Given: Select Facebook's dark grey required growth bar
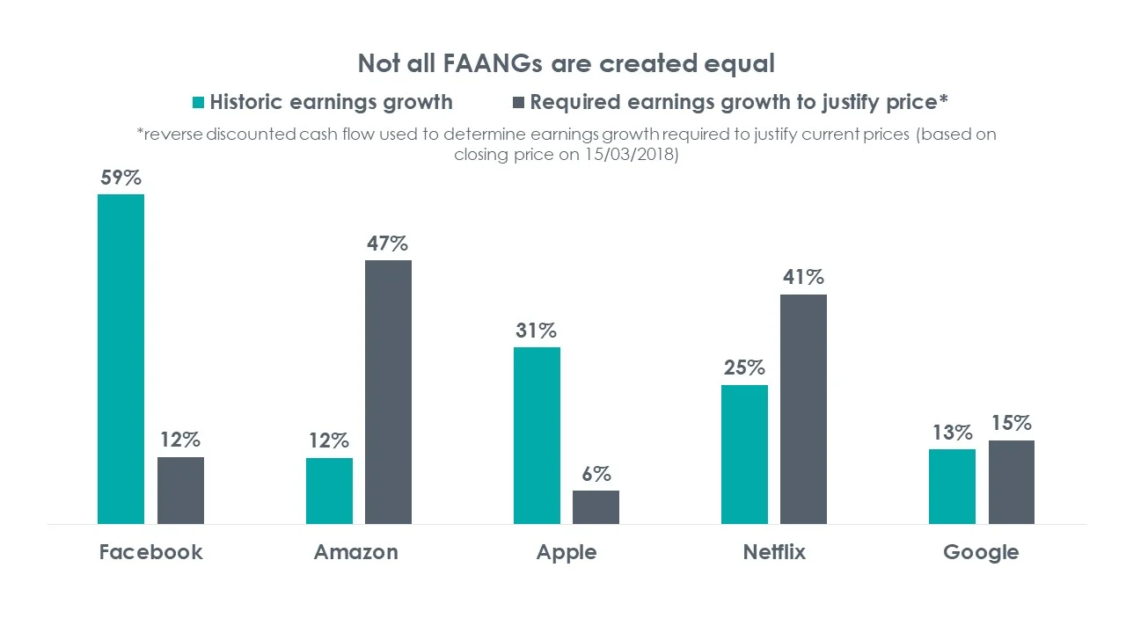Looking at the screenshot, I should (x=180, y=490).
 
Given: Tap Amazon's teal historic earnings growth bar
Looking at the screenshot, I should (x=329, y=491).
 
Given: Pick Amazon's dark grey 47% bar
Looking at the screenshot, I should (x=388, y=392).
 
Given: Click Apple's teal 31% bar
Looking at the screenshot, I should (x=537, y=435).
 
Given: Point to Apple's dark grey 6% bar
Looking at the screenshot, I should (x=596, y=507).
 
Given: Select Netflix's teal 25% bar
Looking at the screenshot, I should (x=744, y=454).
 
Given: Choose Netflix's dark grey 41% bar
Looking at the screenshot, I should (x=803, y=409).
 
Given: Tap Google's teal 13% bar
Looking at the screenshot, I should (x=952, y=486).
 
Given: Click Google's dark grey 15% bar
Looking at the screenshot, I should (x=1012, y=482).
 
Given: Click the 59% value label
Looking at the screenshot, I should (x=121, y=178).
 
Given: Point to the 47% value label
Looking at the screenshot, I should (x=388, y=244).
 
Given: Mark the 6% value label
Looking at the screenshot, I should (x=596, y=474).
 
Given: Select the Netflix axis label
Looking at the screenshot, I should (x=774, y=552).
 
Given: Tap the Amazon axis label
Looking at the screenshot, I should (x=355, y=552).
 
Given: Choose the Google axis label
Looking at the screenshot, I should (x=981, y=552).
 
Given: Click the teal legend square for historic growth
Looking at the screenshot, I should (x=198, y=102).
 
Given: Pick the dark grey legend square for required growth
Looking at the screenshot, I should (x=518, y=102).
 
